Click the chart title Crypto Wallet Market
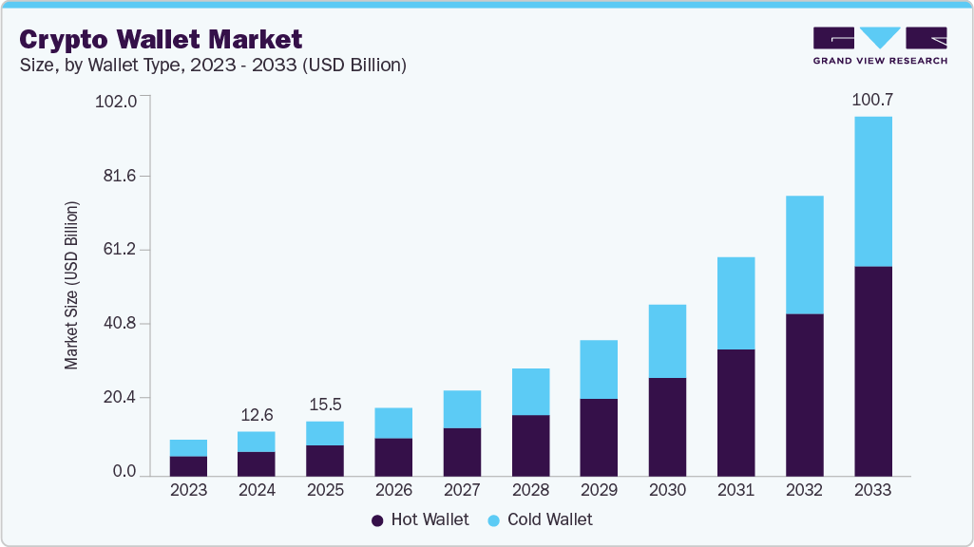pos(161,39)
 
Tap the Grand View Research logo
pos(880,46)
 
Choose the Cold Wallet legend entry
pos(539,519)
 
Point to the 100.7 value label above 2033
pos(872,100)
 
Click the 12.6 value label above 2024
pos(257,415)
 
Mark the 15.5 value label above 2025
pos(325,405)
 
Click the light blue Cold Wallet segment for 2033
pos(872,191)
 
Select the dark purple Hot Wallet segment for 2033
pos(872,370)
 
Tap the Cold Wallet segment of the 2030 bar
pos(667,341)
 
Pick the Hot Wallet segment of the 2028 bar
pos(530,444)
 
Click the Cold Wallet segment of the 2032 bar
pos(804,255)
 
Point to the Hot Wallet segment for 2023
pos(188,465)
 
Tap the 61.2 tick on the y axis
pos(120,250)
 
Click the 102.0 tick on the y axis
pos(117,101)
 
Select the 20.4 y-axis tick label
pos(120,398)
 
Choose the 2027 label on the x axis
pos(462,491)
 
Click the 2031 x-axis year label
pos(735,491)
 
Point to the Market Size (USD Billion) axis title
pos(71,286)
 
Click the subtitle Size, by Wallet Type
pos(213,65)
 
